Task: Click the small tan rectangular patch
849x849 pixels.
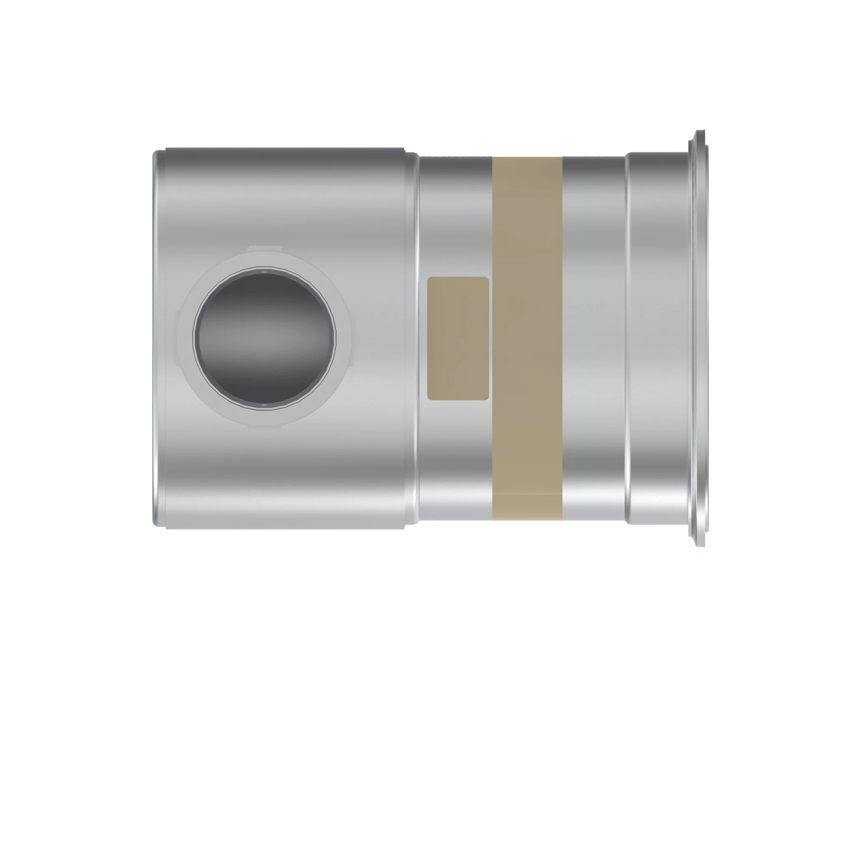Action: click(x=458, y=338)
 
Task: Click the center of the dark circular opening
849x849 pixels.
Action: click(x=264, y=338)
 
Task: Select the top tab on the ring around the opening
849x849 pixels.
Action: click(x=264, y=249)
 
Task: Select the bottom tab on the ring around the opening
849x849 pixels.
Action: click(x=264, y=426)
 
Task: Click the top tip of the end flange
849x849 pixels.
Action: click(x=700, y=132)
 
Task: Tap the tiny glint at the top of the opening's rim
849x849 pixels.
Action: click(x=264, y=273)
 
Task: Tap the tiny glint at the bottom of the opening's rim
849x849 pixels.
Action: click(x=264, y=403)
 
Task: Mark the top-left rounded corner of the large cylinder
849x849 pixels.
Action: click(x=156, y=154)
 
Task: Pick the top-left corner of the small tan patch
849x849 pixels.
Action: click(x=429, y=278)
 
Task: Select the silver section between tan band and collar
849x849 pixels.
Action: click(x=593, y=338)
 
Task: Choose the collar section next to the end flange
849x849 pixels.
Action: click(x=657, y=338)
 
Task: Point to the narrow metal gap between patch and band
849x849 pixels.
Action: click(x=490, y=338)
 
